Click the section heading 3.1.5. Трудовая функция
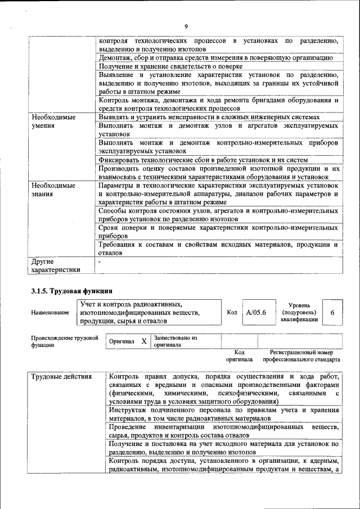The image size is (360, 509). pos(71,291)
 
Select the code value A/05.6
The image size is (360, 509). pos(255,312)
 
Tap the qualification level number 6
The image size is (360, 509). pos(332,312)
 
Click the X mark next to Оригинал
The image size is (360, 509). pos(143,341)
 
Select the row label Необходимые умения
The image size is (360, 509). pos(53,121)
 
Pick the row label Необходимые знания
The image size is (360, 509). pos(53,190)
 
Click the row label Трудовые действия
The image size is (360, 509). pos(58,376)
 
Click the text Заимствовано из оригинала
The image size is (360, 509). pos(176,341)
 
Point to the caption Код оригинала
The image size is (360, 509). pos(239,355)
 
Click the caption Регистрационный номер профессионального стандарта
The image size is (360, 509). pos(301,355)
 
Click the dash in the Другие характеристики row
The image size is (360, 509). pos(99,262)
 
